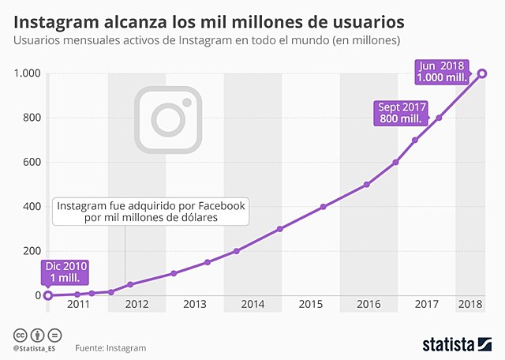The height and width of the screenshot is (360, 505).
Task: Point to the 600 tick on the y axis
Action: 30,163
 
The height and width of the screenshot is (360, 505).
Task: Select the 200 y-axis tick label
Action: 30,251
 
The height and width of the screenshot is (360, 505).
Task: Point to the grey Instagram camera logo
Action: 167,118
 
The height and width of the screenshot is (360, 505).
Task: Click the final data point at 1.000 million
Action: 482,74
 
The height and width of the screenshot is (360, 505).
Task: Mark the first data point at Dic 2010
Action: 48,295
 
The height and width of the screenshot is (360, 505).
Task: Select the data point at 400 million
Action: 324,207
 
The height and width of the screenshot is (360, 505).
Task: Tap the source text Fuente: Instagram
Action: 110,347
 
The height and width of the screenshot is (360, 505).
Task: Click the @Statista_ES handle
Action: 35,347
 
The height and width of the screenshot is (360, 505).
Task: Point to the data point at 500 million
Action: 367,185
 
